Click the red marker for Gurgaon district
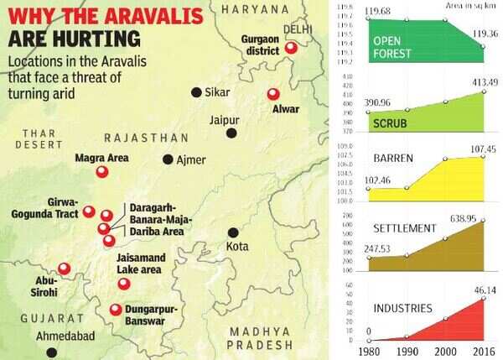pos(291,50)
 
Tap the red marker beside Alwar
pos(271,95)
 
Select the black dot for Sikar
pos(196,92)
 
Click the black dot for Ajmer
pos(169,159)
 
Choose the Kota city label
pos(238,247)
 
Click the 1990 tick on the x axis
pos(407,350)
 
